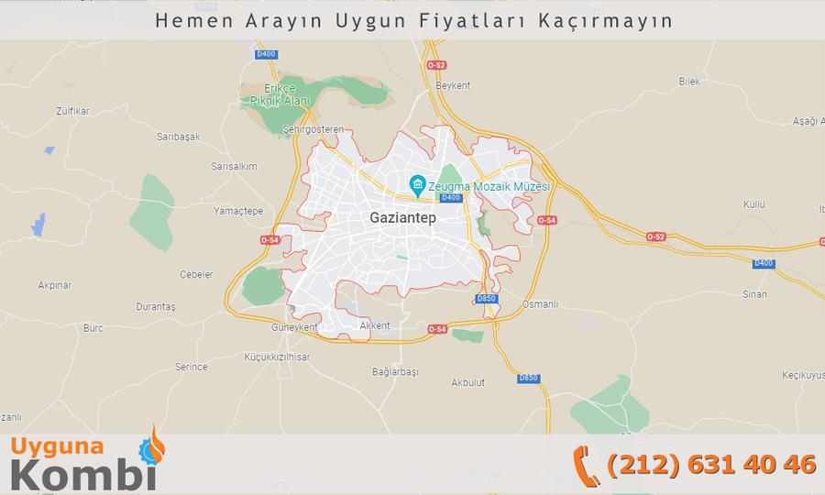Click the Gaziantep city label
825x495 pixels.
click(402, 218)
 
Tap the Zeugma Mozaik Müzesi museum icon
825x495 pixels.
click(417, 186)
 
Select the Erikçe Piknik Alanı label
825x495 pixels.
click(276, 93)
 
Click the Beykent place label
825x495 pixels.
click(453, 85)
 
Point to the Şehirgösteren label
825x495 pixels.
click(313, 129)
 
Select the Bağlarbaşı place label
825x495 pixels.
click(395, 371)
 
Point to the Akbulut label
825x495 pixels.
click(467, 382)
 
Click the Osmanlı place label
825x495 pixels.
click(539, 303)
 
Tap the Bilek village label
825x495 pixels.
click(689, 82)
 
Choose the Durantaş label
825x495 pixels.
click(155, 306)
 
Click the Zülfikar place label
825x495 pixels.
click(72, 111)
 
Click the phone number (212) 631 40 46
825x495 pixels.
click(711, 464)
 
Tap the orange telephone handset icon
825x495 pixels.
click(586, 465)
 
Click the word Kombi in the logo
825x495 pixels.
click(83, 477)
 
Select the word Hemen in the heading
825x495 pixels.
click(184, 20)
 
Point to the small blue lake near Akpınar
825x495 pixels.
click(38, 224)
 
